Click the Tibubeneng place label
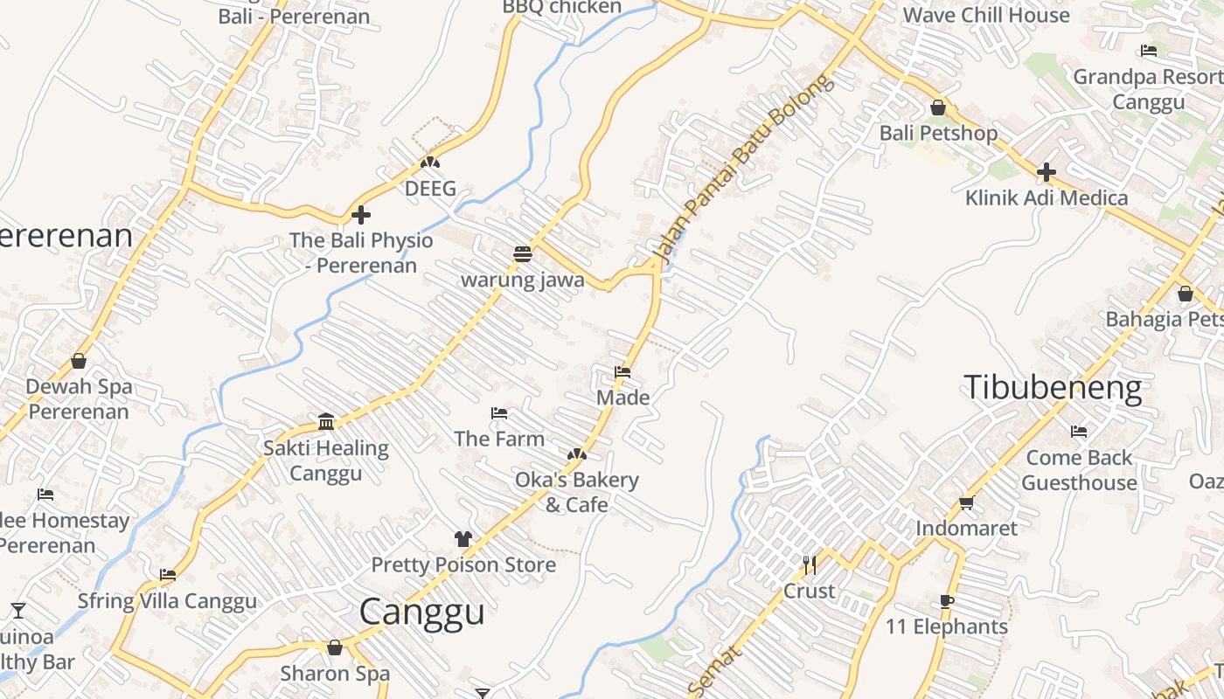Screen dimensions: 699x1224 [x=1053, y=387]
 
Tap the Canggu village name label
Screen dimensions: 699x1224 [x=421, y=611]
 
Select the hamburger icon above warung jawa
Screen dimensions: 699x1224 [x=523, y=254]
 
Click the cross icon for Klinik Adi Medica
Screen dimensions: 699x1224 [x=1046, y=172]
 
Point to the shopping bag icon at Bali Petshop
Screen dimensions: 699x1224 [x=938, y=107]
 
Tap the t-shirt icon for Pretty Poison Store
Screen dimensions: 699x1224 [x=462, y=539]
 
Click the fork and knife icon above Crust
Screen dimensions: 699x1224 [x=809, y=565]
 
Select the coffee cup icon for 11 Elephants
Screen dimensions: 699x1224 [x=946, y=601]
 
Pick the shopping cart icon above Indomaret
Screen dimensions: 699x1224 [x=966, y=502]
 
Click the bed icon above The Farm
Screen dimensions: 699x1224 [x=499, y=412]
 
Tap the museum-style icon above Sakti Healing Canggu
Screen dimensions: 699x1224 [x=326, y=422]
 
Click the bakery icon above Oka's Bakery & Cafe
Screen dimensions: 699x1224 [x=576, y=454]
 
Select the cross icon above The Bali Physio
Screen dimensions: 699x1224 [x=360, y=214]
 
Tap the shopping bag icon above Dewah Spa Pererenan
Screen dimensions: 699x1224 [x=79, y=361]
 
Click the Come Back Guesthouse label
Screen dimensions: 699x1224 [x=1079, y=470]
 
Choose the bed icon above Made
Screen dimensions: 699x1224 [x=622, y=372]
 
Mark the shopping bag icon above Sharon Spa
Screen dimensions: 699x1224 [x=334, y=647]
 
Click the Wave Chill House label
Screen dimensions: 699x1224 [x=985, y=15]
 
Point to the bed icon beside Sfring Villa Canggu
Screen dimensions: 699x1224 [x=167, y=575]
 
